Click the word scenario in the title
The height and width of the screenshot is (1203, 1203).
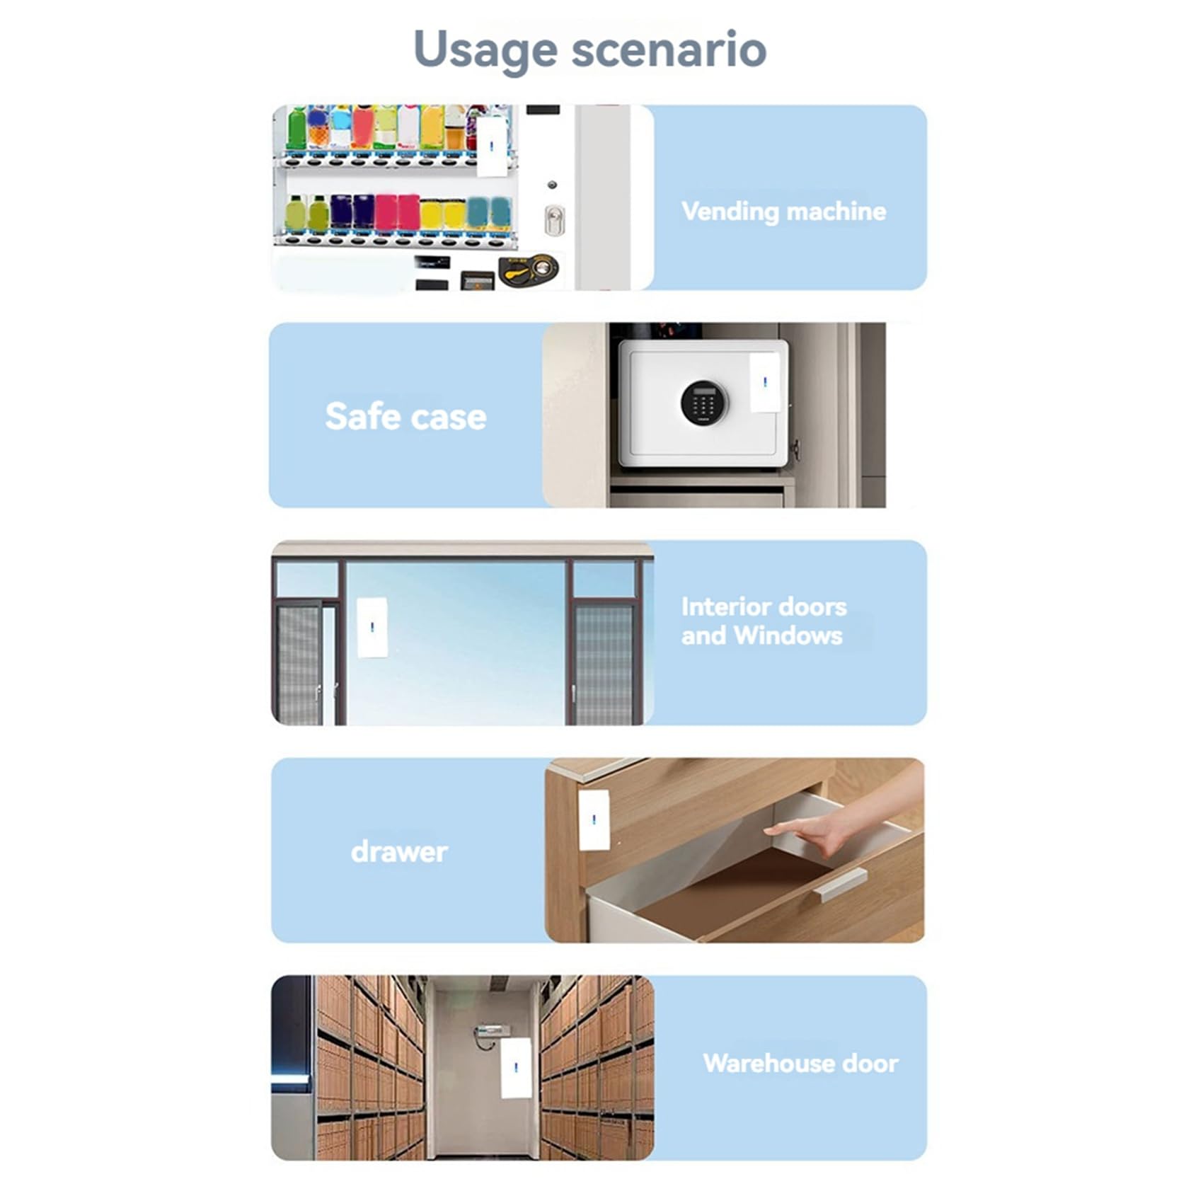[669, 50]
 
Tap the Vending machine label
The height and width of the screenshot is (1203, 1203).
[783, 211]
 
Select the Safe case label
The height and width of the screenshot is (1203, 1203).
[405, 416]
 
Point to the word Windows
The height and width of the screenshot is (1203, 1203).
[788, 635]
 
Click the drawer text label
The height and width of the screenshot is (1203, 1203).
[399, 851]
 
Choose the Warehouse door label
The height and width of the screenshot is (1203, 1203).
[800, 1063]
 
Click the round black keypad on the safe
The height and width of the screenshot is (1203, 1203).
[703, 403]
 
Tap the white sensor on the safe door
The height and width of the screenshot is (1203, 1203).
[765, 382]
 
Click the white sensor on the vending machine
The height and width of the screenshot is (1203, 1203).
[493, 145]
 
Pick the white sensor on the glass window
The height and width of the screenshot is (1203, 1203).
[372, 628]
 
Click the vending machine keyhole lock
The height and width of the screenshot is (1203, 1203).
[554, 220]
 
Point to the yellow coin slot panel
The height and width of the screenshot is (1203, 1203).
[529, 270]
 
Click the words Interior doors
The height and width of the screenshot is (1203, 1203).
[764, 606]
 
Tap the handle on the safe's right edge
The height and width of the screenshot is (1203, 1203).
[795, 449]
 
